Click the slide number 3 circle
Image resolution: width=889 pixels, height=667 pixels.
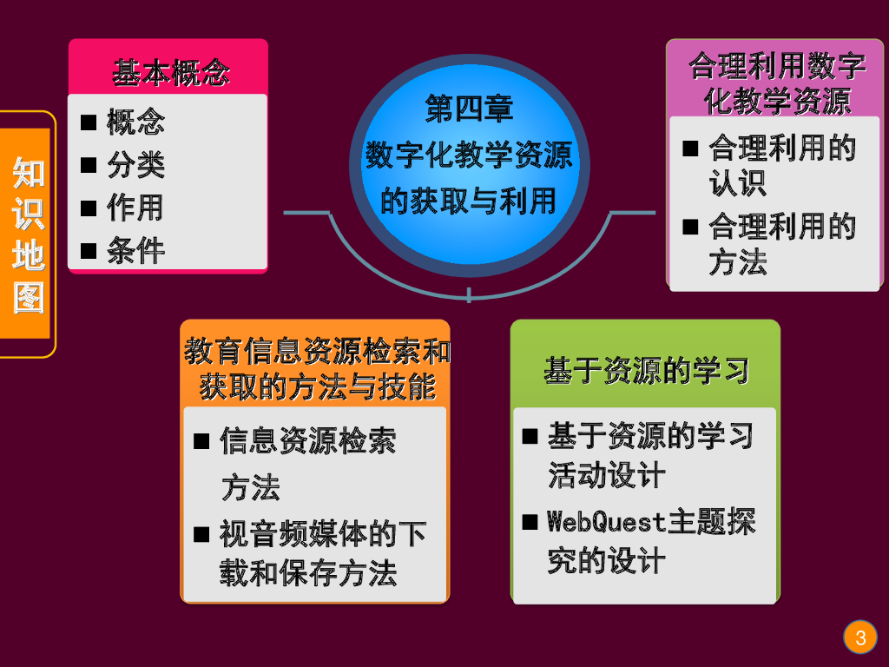click(x=860, y=638)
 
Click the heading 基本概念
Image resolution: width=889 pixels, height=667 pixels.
click(x=170, y=72)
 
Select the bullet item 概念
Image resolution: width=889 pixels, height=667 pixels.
click(x=135, y=122)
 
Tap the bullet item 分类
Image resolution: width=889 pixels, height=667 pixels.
click(x=135, y=164)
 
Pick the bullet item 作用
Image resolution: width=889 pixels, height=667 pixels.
click(x=135, y=208)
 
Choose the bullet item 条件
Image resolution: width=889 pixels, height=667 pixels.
click(x=135, y=251)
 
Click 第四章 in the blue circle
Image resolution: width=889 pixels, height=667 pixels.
click(x=469, y=109)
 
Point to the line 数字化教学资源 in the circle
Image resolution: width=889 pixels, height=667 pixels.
click(x=469, y=155)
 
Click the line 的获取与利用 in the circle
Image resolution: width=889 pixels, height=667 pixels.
click(x=469, y=201)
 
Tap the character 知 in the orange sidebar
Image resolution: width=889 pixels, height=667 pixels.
click(x=29, y=172)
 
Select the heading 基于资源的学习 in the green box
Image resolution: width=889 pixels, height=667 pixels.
click(x=646, y=370)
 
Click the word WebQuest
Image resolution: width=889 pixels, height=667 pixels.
click(x=607, y=522)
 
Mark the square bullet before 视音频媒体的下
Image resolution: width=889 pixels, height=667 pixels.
click(x=201, y=532)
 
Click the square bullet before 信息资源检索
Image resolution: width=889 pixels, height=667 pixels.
click(x=201, y=441)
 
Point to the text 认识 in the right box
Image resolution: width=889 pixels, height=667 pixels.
click(x=738, y=183)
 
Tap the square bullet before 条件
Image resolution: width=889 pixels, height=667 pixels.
click(x=89, y=251)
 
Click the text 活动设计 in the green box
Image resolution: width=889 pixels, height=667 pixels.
click(x=606, y=475)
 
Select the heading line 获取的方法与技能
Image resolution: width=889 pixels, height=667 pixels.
click(x=317, y=386)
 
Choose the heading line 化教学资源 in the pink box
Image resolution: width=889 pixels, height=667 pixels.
click(x=777, y=102)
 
